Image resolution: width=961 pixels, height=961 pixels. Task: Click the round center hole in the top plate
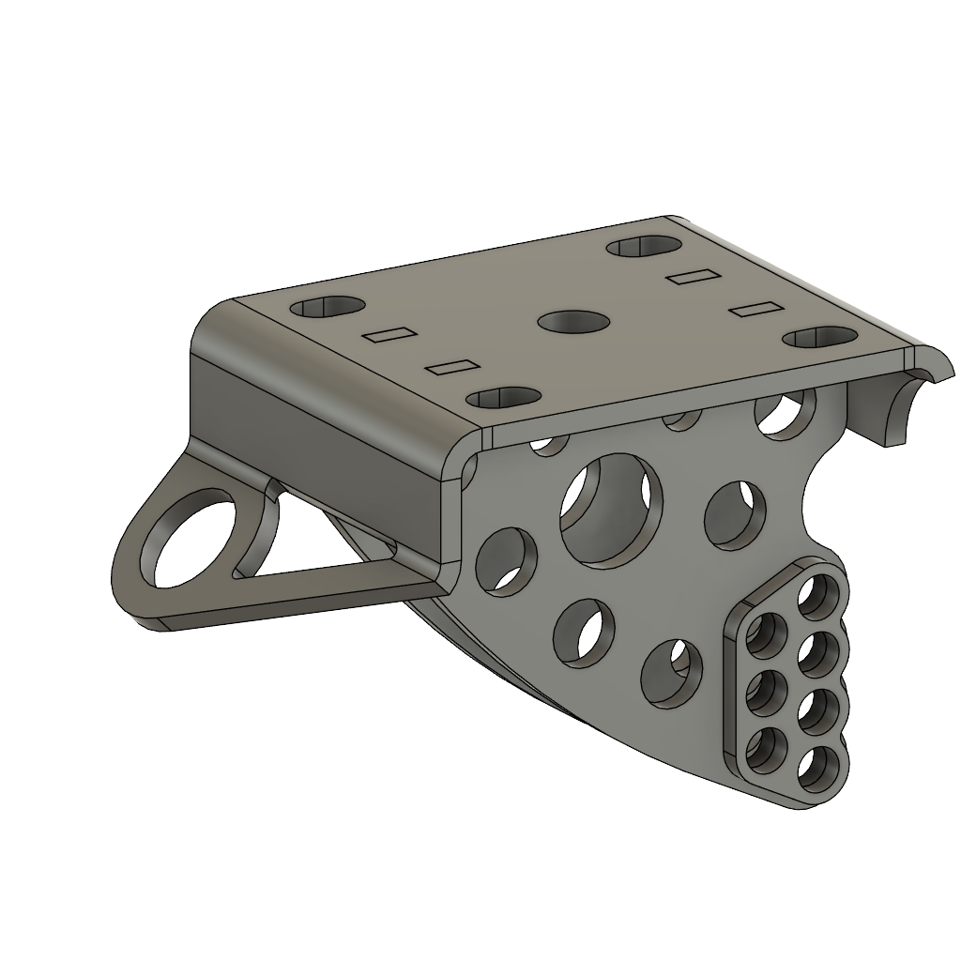(x=573, y=322)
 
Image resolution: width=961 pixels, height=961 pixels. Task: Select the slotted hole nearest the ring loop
(x=327, y=307)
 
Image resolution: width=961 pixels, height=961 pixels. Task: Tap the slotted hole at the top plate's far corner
(x=644, y=247)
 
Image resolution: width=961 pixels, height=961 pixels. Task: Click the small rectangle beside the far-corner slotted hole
(x=692, y=276)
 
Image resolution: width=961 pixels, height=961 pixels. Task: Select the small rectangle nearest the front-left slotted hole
(x=451, y=367)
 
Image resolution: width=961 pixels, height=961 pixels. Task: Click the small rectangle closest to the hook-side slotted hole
(x=756, y=309)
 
